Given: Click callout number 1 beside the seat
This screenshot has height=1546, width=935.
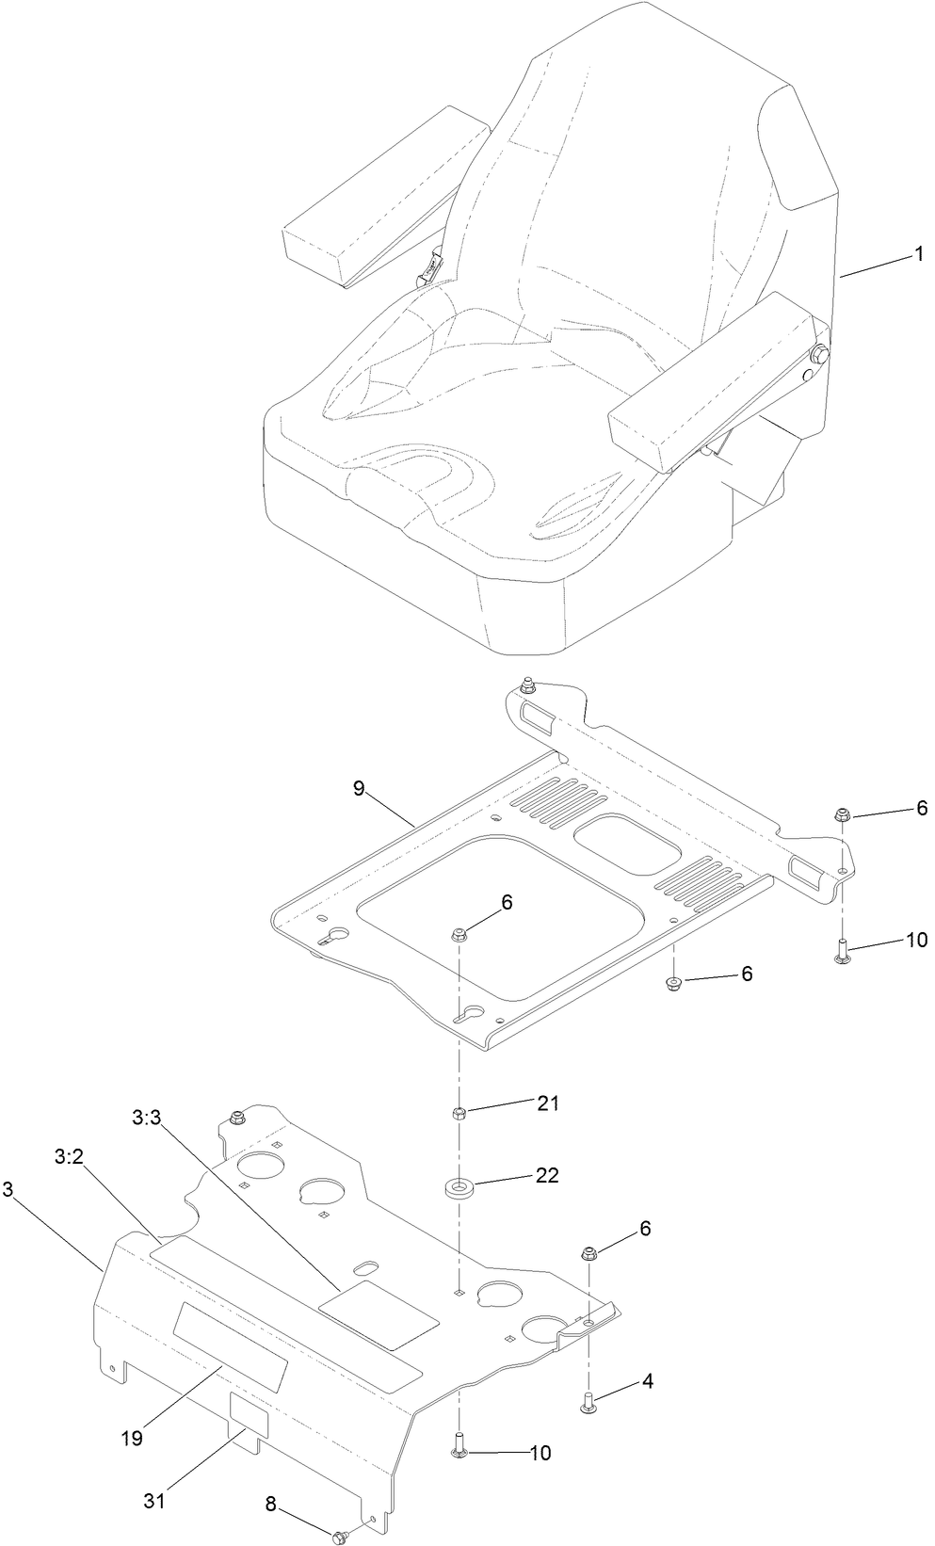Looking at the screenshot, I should coord(918,253).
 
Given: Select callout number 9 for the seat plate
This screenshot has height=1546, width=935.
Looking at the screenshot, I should coord(359,788).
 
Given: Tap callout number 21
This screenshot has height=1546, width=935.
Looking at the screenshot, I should coord(547,1103).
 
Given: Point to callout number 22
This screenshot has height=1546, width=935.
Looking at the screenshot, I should coord(547,1175).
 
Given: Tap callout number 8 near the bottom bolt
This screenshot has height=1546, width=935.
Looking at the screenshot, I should coord(272,1505).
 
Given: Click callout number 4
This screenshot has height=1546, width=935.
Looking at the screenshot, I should coord(647,1381).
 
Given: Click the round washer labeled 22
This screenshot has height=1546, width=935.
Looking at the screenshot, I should coord(459,1184).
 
